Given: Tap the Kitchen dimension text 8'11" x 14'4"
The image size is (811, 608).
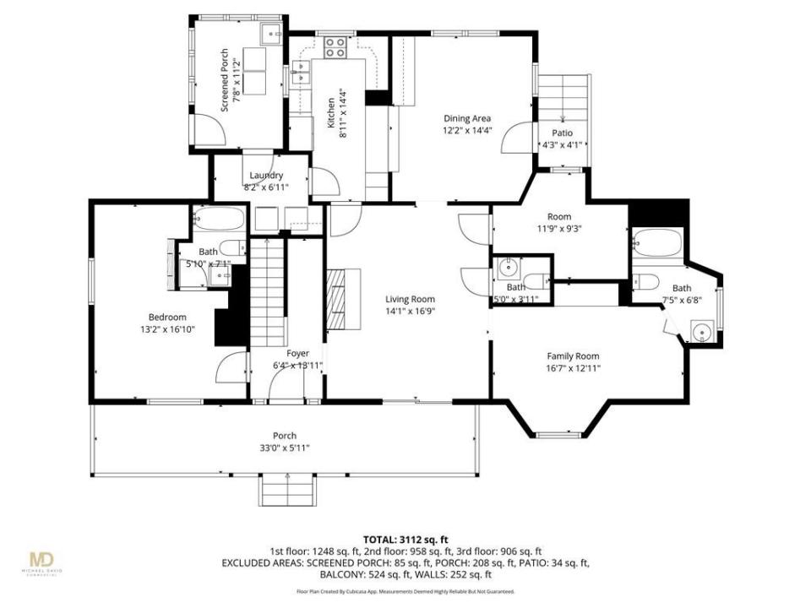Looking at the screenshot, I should (x=342, y=108).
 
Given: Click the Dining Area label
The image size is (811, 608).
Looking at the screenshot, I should (x=466, y=118).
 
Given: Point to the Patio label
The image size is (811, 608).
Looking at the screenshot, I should (x=563, y=133).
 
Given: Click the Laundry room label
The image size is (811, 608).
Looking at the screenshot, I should (x=266, y=176).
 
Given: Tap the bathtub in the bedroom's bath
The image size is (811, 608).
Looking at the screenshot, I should (x=218, y=222).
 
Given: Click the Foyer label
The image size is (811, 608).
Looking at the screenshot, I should (x=297, y=353).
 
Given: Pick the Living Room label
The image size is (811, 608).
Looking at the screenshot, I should (x=410, y=299).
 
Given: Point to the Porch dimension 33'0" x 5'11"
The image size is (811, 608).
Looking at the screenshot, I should (x=284, y=448).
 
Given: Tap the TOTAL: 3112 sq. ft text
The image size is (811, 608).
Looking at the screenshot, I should (x=405, y=538).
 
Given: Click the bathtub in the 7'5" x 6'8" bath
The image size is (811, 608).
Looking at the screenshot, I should (x=657, y=244).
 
